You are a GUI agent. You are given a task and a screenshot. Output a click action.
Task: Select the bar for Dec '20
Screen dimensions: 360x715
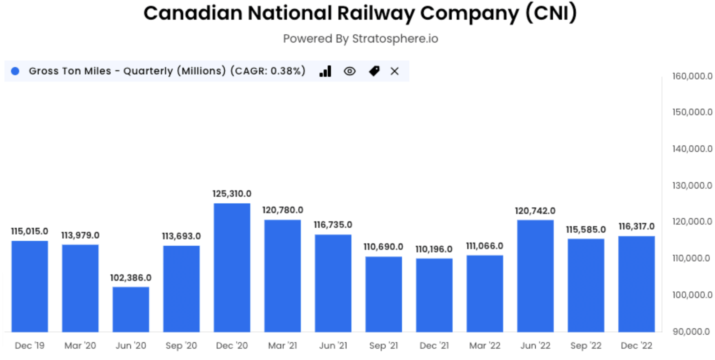pyautogui.click(x=232, y=267)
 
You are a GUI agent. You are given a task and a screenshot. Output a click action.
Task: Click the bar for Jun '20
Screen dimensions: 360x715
pyautogui.click(x=131, y=309)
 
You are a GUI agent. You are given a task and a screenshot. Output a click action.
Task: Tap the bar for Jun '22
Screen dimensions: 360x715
pyautogui.click(x=535, y=276)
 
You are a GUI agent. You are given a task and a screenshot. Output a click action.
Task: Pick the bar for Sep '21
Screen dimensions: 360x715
pyautogui.click(x=383, y=294)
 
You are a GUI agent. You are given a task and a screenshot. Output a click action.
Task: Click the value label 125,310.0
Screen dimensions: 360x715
pyautogui.click(x=232, y=193)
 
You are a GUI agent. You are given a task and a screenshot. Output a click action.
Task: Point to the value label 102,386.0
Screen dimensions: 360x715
pyautogui.click(x=131, y=278)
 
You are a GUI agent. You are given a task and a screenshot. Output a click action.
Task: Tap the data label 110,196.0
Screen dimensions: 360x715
pyautogui.click(x=434, y=249)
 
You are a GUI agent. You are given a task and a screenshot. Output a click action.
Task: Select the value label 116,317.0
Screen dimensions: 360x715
pyautogui.click(x=636, y=226)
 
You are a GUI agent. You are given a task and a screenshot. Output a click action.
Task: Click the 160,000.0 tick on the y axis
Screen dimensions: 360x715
pyautogui.click(x=692, y=76)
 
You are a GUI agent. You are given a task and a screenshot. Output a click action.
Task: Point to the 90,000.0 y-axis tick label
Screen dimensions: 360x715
pyautogui.click(x=691, y=331)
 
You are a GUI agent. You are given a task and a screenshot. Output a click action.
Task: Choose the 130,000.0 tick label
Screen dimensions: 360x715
pyautogui.click(x=692, y=185)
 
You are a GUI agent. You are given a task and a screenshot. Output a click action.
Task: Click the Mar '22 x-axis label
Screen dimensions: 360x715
pyautogui.click(x=484, y=346)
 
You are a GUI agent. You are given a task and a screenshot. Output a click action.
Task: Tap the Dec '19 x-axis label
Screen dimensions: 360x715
pyautogui.click(x=29, y=346)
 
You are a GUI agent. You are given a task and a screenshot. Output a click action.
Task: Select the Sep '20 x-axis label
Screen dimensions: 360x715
pyautogui.click(x=181, y=346)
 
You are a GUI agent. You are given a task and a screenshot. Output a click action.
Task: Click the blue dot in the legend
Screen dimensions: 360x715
pyautogui.click(x=15, y=71)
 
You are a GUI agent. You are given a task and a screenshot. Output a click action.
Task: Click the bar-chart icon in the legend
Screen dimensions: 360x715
pyautogui.click(x=325, y=71)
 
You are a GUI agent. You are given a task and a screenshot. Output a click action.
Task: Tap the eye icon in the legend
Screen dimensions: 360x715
pyautogui.click(x=349, y=71)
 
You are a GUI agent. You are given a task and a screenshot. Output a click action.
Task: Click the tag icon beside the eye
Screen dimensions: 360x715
pyautogui.click(x=374, y=71)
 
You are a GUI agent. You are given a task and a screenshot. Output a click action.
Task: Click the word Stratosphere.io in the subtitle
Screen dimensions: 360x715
pyautogui.click(x=395, y=39)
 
